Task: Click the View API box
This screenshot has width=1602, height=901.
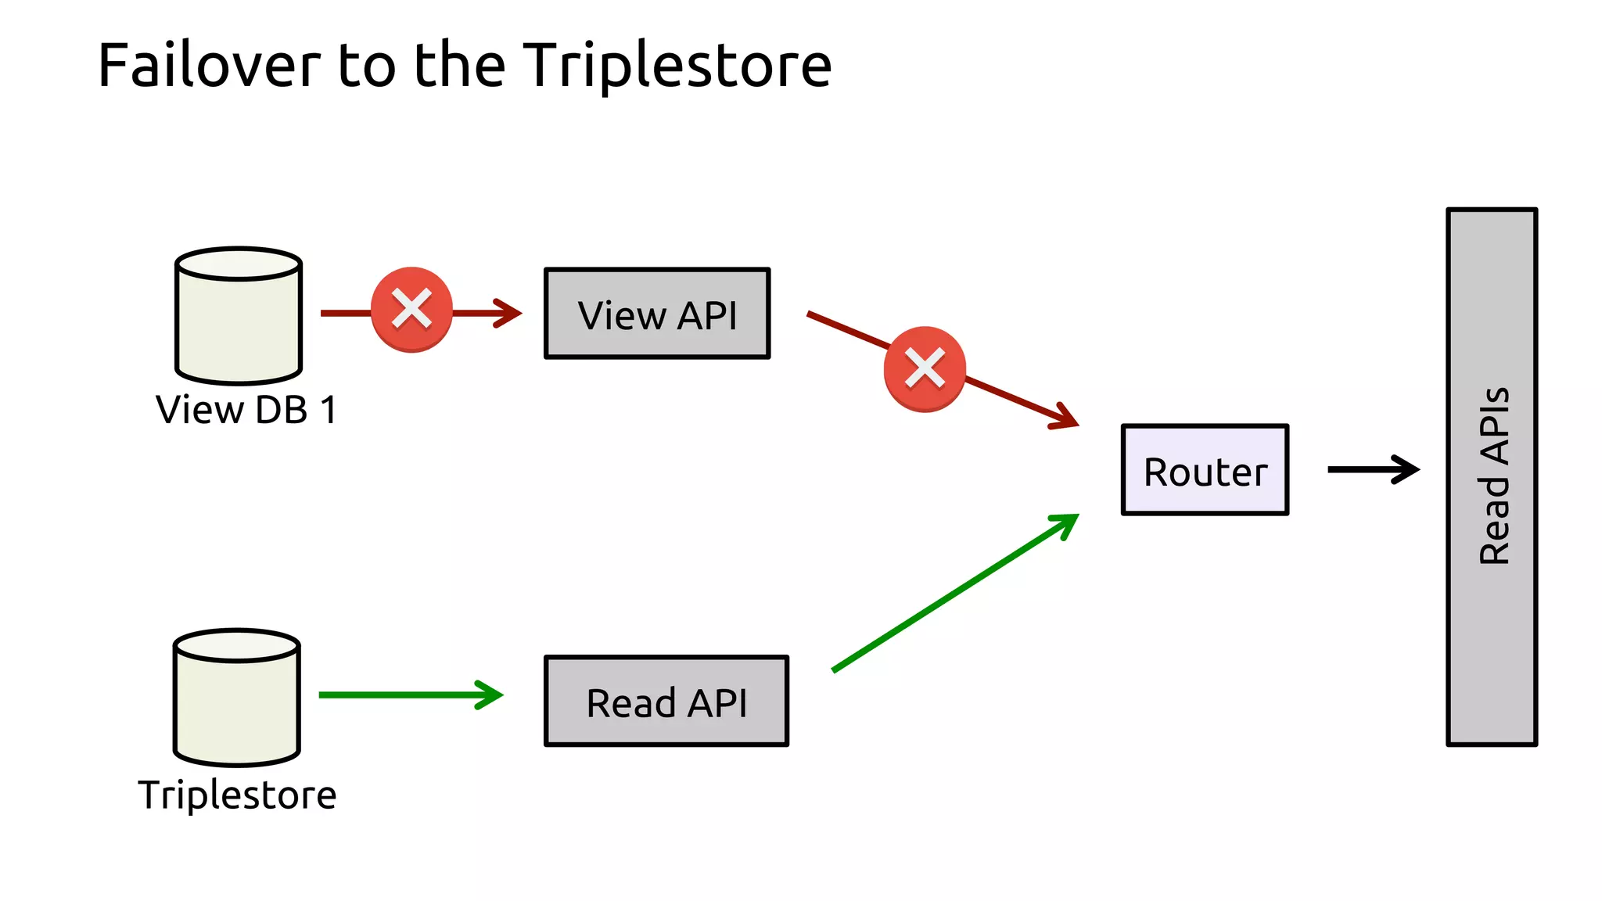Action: tap(657, 314)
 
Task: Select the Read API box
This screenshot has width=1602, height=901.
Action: tap(666, 702)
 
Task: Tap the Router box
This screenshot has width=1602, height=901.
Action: tap(1205, 470)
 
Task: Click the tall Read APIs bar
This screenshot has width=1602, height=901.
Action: tap(1492, 477)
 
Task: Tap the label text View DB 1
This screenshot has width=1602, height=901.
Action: tap(246, 410)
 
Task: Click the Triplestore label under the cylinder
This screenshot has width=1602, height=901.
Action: tap(237, 795)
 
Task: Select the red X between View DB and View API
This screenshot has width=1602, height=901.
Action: tap(411, 310)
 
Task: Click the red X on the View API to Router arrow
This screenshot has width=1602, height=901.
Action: tap(925, 369)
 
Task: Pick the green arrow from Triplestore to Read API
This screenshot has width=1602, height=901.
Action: tap(407, 695)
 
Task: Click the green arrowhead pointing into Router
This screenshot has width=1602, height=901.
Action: tap(1067, 524)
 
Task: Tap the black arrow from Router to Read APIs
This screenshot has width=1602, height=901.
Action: tap(1373, 469)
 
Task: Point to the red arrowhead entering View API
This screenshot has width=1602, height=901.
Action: tap(509, 313)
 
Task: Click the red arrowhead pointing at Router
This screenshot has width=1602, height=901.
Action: tap(1065, 417)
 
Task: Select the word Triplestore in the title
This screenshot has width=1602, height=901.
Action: tap(677, 65)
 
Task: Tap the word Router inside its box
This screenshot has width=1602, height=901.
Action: tap(1205, 472)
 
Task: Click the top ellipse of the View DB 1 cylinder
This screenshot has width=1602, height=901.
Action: tap(239, 264)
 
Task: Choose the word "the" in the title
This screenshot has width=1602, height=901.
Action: tap(460, 65)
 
